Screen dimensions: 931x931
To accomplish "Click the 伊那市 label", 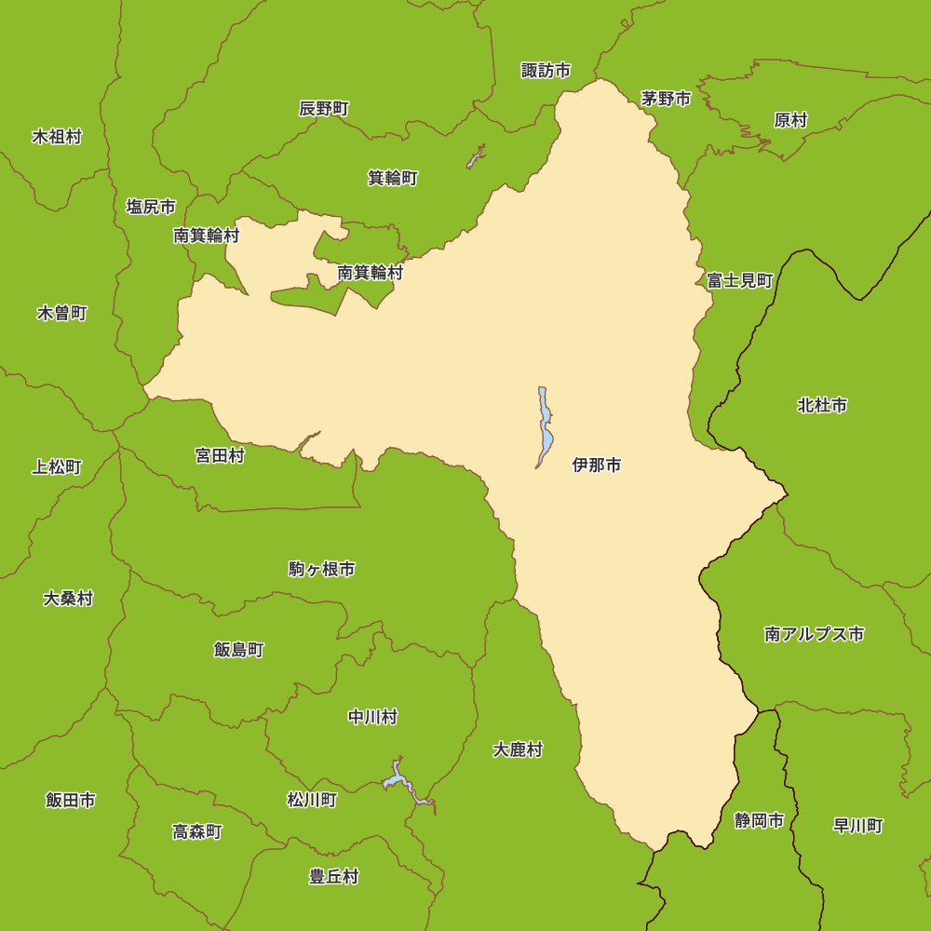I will (597, 465).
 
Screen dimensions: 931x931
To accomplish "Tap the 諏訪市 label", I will (546, 71).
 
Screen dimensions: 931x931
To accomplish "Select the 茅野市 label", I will (666, 99).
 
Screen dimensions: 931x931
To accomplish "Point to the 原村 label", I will (790, 120).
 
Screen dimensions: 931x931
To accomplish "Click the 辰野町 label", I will (324, 109).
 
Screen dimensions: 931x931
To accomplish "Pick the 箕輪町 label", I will (393, 178).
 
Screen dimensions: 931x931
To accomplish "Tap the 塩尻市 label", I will (151, 207).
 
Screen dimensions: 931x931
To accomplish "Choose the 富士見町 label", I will (740, 280).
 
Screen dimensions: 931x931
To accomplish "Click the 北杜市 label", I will (822, 406).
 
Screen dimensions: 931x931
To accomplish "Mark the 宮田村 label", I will (220, 456).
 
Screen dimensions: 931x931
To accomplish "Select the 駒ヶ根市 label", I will (321, 570).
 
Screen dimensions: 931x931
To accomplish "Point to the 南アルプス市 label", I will (814, 635).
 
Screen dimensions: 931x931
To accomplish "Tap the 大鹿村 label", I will (518, 749).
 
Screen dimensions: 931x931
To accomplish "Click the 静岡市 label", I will (759, 821).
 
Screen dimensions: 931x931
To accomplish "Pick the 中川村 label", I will (372, 717).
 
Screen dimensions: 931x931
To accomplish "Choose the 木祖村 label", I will (57, 138).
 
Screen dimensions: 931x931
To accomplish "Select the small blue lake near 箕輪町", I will (475, 157).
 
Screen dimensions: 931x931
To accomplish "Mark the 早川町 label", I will (857, 826).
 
